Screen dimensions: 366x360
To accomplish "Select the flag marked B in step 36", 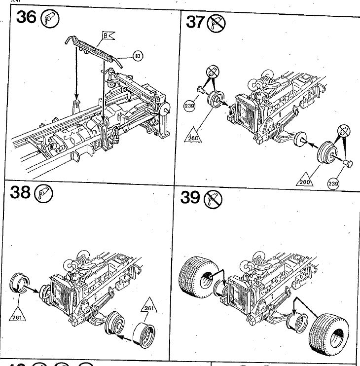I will pos(108,36).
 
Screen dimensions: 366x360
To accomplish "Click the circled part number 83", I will pos(137,56).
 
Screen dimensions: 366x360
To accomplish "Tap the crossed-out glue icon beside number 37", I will pos(216,22).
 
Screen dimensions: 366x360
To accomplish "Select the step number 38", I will pos(20,192).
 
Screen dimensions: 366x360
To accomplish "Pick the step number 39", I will pos(189,197).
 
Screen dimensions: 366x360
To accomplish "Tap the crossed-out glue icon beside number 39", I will pos(213,198).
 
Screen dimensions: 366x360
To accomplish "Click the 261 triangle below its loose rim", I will pos(17,316).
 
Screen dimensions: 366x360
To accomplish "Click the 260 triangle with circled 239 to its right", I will pos(306,181).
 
